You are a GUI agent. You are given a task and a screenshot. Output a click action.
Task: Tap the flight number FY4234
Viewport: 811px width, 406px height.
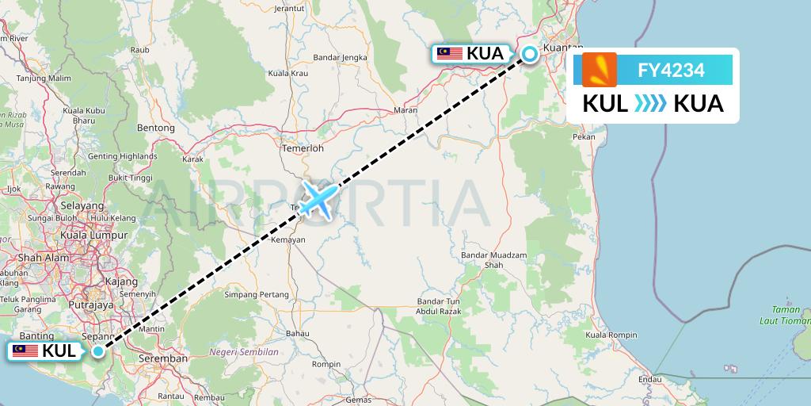click(x=671, y=71)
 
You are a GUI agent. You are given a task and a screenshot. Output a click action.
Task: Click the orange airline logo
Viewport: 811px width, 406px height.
click(x=600, y=70)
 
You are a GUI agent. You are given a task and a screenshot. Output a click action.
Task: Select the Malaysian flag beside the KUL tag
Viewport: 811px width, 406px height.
click(x=25, y=350)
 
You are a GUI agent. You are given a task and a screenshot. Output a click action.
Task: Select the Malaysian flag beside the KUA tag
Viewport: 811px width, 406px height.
click(x=450, y=54)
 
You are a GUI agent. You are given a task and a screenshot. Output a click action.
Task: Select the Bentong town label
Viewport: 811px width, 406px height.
click(x=155, y=128)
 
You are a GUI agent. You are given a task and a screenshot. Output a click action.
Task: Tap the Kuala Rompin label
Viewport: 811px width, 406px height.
click(x=611, y=335)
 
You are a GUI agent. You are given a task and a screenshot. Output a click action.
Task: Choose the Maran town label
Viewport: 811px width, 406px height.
click(x=405, y=110)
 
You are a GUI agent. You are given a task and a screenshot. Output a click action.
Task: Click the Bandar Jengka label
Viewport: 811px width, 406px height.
click(x=341, y=57)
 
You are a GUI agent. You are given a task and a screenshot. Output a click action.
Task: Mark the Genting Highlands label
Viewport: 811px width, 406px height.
click(x=122, y=156)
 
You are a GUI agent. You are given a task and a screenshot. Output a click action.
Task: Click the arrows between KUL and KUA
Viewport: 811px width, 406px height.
click(x=649, y=104)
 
